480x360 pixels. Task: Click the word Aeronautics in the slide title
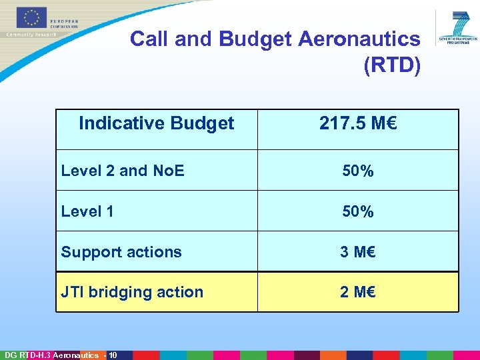click(359, 39)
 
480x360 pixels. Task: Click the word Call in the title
click(149, 39)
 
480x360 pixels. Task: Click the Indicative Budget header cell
click(156, 123)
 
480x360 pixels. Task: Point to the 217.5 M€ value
click(358, 123)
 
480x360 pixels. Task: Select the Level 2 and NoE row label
click(123, 171)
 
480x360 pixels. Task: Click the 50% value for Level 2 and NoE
click(358, 171)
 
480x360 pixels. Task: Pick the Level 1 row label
click(87, 211)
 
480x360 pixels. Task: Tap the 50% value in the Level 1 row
click(358, 212)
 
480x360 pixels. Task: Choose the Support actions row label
click(121, 252)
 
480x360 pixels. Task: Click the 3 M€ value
click(358, 252)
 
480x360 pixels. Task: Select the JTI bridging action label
click(132, 292)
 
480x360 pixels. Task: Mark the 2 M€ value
click(358, 292)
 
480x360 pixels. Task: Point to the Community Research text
click(31, 35)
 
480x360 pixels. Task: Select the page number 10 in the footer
click(112, 355)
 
